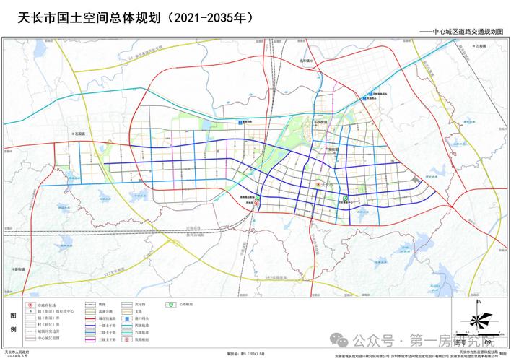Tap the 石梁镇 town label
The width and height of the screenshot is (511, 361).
[x=79, y=134]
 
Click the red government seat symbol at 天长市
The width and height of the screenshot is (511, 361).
[x=318, y=185]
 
